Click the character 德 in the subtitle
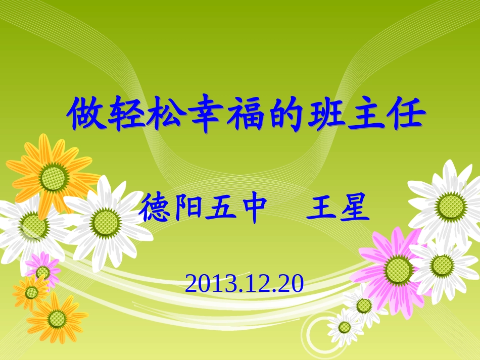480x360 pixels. [156, 210]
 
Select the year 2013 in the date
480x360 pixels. [205, 284]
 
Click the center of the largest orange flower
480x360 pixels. [54, 177]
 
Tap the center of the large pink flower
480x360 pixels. [398, 269]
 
